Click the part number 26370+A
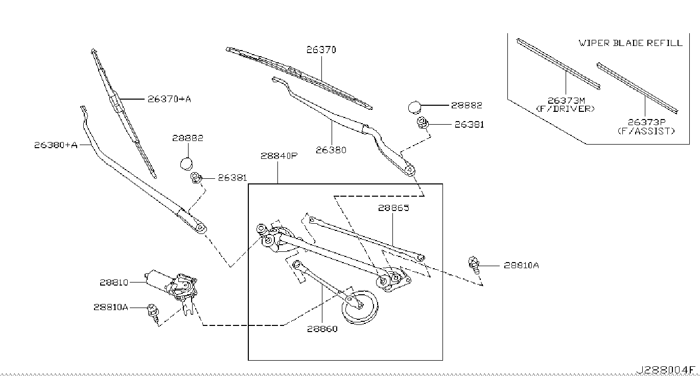pyautogui.click(x=169, y=99)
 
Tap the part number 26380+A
pyautogui.click(x=56, y=145)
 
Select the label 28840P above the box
pyautogui.click(x=278, y=157)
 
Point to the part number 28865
pyautogui.click(x=394, y=208)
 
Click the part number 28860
pyautogui.click(x=322, y=329)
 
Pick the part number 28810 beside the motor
pyautogui.click(x=114, y=282)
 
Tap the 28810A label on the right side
pyautogui.click(x=521, y=265)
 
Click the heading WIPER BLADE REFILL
pyautogui.click(x=631, y=43)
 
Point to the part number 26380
pyautogui.click(x=331, y=150)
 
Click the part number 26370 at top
pyautogui.click(x=321, y=50)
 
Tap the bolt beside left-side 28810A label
pyautogui.click(x=152, y=310)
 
